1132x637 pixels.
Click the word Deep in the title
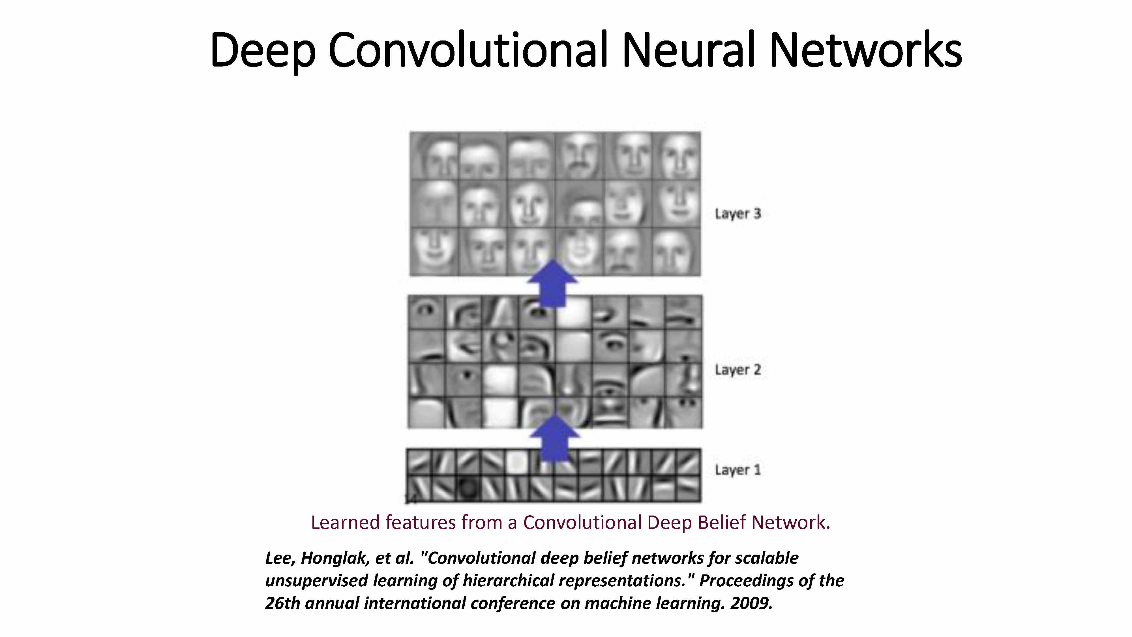click(262, 51)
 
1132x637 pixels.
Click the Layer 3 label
click(737, 214)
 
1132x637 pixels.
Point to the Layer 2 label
click(737, 370)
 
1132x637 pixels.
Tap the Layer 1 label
click(737, 470)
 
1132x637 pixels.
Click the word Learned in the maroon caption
click(345, 522)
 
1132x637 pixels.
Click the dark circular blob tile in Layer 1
click(468, 488)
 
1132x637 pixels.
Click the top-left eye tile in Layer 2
click(426, 312)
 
